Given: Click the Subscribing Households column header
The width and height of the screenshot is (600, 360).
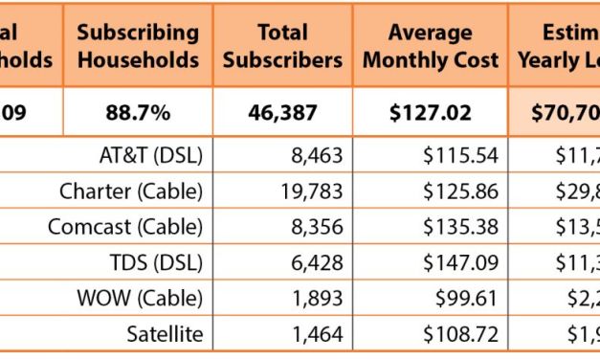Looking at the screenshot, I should (x=139, y=45).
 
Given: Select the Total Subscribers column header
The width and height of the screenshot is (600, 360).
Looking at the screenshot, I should (x=282, y=45).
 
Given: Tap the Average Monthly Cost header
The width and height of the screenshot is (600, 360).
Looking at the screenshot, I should (x=443, y=45).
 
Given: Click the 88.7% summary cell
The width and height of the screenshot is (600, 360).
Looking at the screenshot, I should (x=139, y=112).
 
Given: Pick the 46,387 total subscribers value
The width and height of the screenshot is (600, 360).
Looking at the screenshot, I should (x=282, y=112).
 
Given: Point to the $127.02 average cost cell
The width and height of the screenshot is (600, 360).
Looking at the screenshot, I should (x=443, y=112).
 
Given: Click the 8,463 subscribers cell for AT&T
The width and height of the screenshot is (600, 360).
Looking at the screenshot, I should (x=315, y=155).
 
